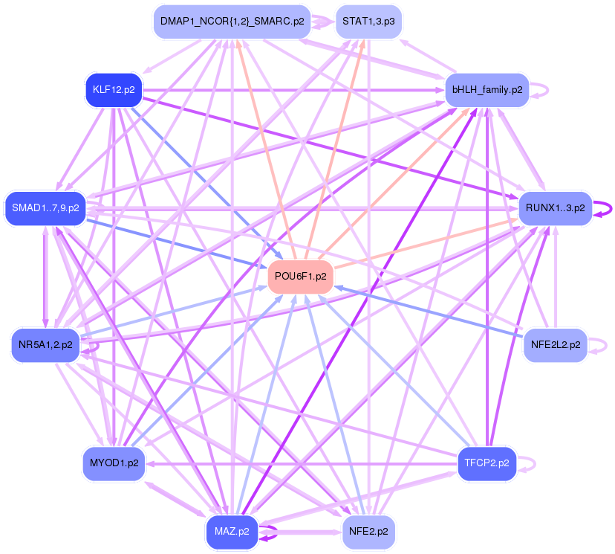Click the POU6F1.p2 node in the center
(300, 277)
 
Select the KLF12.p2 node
(114, 90)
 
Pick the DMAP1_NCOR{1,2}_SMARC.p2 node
(232, 22)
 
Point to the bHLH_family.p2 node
(487, 90)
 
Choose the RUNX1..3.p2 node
(555, 207)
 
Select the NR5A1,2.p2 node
(45, 344)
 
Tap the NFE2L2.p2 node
(555, 344)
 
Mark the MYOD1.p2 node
(114, 463)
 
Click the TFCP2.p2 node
(487, 463)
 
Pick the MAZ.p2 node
(232, 531)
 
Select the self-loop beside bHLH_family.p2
(547, 90)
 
